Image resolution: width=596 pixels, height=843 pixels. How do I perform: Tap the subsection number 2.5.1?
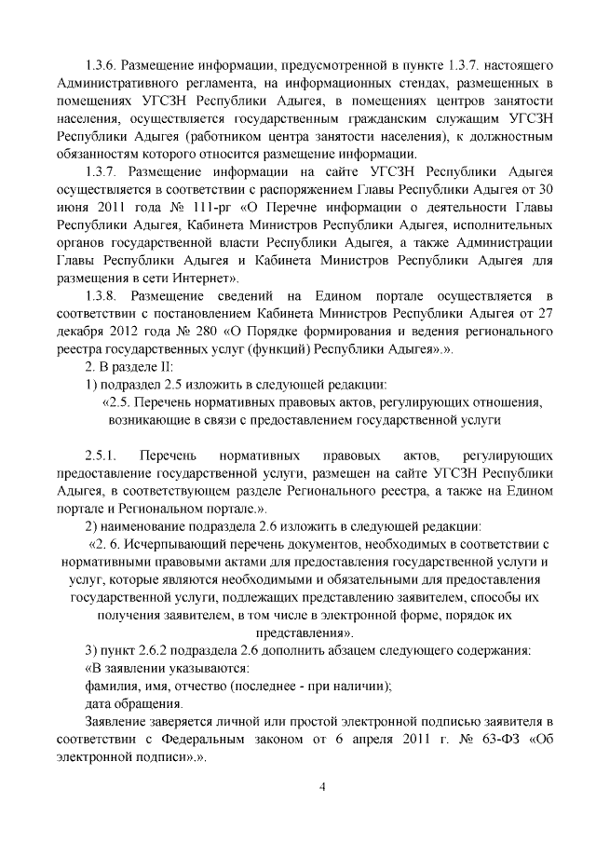pyautogui.click(x=101, y=456)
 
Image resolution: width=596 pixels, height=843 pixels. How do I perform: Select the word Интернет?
pyautogui.click(x=210, y=277)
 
